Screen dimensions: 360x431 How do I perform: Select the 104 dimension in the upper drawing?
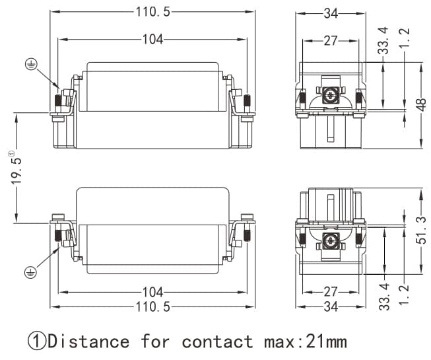153,39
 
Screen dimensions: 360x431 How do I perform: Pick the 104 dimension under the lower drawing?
153,291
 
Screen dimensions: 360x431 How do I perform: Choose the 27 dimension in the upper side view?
331,40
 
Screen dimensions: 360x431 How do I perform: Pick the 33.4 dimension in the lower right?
384,295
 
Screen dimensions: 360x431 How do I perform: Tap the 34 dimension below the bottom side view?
331,307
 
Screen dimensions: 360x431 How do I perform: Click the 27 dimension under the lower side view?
331,291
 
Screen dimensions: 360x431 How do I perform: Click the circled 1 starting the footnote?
36,342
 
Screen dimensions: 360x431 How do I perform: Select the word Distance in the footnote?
89,342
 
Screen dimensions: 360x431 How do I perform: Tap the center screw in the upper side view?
330,96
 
